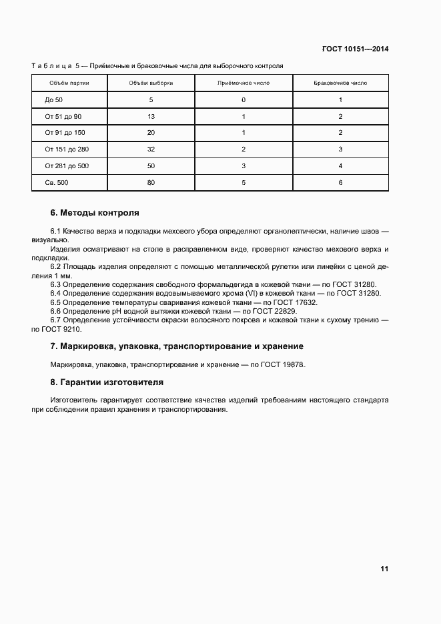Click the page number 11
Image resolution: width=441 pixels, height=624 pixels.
point(384,569)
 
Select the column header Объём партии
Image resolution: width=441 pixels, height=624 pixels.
point(69,83)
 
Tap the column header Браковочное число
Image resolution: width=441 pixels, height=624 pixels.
point(340,83)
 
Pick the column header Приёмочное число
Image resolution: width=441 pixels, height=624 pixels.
point(244,83)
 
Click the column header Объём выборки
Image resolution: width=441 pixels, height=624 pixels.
point(151,83)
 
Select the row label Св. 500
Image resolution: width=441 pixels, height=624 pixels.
point(55,182)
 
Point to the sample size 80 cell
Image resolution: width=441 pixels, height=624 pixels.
point(151,182)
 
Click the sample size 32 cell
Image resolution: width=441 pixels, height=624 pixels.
point(151,149)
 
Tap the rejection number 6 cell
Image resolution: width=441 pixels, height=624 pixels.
point(340,182)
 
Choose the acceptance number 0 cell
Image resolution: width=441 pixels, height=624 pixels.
point(244,100)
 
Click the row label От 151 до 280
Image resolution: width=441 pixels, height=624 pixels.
point(67,149)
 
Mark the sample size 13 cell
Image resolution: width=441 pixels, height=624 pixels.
point(151,117)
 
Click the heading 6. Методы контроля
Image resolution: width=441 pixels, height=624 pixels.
point(95,213)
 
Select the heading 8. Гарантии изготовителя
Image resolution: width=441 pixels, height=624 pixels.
point(107,383)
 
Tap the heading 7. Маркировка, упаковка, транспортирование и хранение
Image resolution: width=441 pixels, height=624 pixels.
point(177,346)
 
